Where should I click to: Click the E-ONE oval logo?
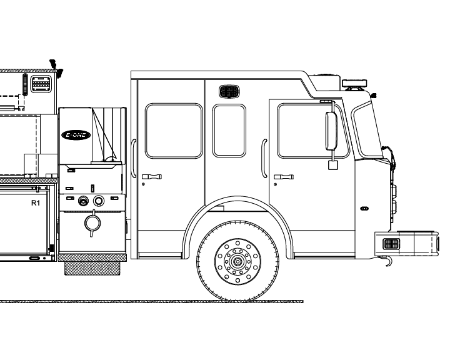pyautogui.click(x=76, y=135)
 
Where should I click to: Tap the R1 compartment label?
pyautogui.click(x=35, y=203)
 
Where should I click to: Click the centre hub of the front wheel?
pyautogui.click(x=237, y=261)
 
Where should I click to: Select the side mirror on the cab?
pyautogui.click(x=331, y=131)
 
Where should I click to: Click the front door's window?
pyautogui.click(x=313, y=131)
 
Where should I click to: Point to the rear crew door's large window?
pyautogui.click(x=174, y=131)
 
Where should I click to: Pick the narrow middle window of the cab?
pyautogui.click(x=229, y=131)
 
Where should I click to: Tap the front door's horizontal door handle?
pyautogui.click(x=284, y=176)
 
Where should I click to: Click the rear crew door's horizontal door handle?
pyautogui.click(x=151, y=176)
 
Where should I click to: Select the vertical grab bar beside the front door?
pyautogui.click(x=264, y=158)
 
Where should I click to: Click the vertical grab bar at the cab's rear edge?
pyautogui.click(x=134, y=158)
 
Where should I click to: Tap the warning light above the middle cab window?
pyautogui.click(x=229, y=92)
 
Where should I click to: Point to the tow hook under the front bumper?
pyautogui.click(x=387, y=261)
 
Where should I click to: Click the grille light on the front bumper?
pyautogui.click(x=391, y=244)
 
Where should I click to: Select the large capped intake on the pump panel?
pyautogui.click(x=92, y=223)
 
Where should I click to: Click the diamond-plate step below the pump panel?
pyautogui.click(x=92, y=268)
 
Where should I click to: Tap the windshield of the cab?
pyautogui.click(x=366, y=131)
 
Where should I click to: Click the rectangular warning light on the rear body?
pyautogui.click(x=41, y=84)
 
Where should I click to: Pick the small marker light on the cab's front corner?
pyautogui.click(x=374, y=95)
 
